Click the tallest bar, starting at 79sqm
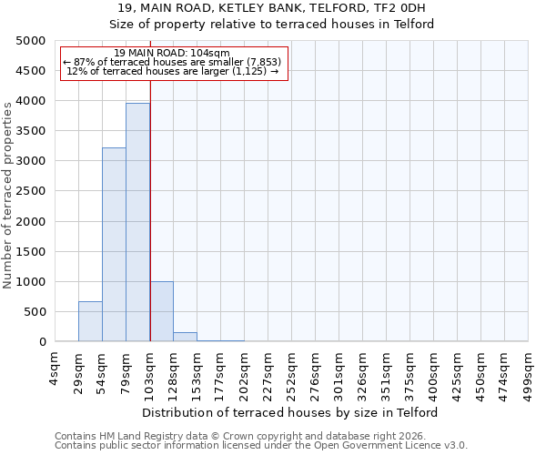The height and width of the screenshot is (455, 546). pos(137,223)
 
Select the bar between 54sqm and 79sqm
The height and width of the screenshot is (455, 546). pos(114,245)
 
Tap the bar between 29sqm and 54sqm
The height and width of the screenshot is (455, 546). pos(90,321)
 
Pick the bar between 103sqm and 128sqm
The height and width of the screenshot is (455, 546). pos(161,311)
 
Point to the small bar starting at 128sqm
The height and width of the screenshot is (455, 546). pos(185,337)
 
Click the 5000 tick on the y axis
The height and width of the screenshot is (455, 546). pos(32,41)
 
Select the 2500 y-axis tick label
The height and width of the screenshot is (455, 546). pos(32,191)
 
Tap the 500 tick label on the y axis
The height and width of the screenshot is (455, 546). pos(35,312)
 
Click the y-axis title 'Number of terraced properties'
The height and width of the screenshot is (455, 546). pos(8,195)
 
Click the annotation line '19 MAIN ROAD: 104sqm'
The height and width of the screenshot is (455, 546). pos(173,54)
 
